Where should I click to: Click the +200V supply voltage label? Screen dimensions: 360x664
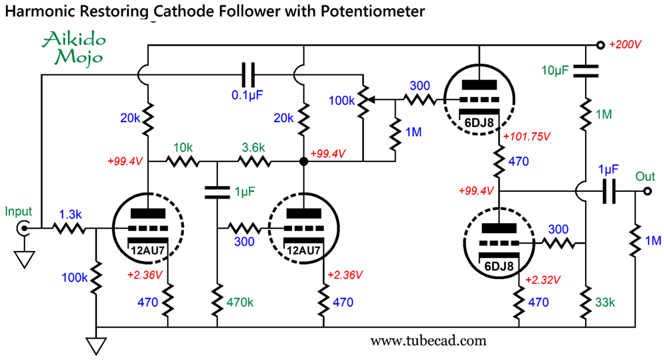pos(626,46)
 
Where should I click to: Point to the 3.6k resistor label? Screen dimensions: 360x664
pos(253,146)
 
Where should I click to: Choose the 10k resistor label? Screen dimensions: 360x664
pos(183,146)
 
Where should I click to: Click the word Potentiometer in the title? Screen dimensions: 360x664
pos(364,11)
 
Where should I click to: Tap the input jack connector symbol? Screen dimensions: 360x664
pos(24,229)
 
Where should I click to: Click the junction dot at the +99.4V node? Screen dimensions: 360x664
pos(303,161)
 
